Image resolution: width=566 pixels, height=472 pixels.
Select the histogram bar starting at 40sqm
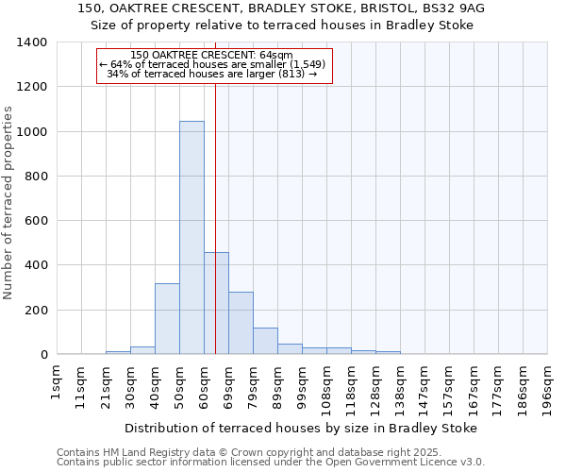coord(167,319)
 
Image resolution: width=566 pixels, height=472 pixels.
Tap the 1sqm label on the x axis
coord(58,386)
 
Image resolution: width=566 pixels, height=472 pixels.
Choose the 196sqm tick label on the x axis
coord(547,390)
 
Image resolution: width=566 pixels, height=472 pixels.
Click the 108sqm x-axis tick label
coord(326,390)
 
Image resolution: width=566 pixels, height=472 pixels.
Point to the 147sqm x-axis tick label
coord(424,390)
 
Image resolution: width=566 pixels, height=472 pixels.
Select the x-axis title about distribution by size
coord(301,428)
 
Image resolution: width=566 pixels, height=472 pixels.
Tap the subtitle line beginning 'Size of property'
coord(283,25)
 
